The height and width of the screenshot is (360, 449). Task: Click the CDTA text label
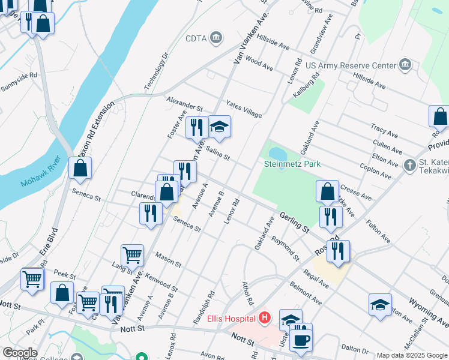[196, 38]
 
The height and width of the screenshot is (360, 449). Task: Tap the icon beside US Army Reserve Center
[406, 65]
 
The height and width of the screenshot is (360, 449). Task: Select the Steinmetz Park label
[292, 164]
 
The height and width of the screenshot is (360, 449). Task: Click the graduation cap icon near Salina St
[219, 127]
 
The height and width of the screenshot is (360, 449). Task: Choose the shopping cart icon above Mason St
[132, 254]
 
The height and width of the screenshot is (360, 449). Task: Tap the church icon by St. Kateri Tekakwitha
[409, 164]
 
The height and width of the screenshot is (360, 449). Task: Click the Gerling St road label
[294, 222]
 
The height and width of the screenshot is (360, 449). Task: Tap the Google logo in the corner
[20, 353]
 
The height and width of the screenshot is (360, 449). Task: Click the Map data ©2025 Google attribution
[411, 355]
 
